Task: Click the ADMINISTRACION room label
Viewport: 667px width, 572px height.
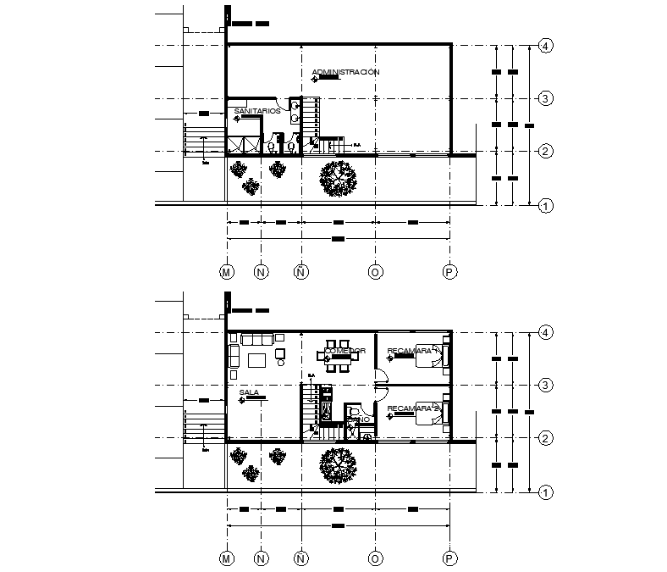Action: pyautogui.click(x=345, y=72)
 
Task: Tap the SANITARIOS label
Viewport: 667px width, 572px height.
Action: pyautogui.click(x=256, y=111)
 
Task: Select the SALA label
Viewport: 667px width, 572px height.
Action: pyautogui.click(x=249, y=392)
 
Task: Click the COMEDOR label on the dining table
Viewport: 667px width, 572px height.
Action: pyautogui.click(x=345, y=351)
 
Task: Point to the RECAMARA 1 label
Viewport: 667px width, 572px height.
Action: pyautogui.click(x=409, y=351)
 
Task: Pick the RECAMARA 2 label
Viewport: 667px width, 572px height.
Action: pyautogui.click(x=409, y=408)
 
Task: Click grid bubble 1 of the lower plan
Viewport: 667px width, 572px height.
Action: pyautogui.click(x=547, y=491)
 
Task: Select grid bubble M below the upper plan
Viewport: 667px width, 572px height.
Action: pyautogui.click(x=227, y=272)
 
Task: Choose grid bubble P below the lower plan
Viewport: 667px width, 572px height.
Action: pyautogui.click(x=450, y=558)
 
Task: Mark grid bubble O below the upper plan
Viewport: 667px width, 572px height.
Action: pyautogui.click(x=375, y=272)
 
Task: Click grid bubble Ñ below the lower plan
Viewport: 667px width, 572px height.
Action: pyautogui.click(x=300, y=558)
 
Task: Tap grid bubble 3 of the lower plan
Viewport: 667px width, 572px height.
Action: pyautogui.click(x=547, y=386)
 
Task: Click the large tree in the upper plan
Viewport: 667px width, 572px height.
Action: pyautogui.click(x=338, y=178)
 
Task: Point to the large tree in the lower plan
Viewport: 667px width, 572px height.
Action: pyautogui.click(x=338, y=464)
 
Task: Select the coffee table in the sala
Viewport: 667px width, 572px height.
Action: pyautogui.click(x=257, y=360)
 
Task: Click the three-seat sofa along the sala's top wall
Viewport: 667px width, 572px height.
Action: pyautogui.click(x=256, y=340)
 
